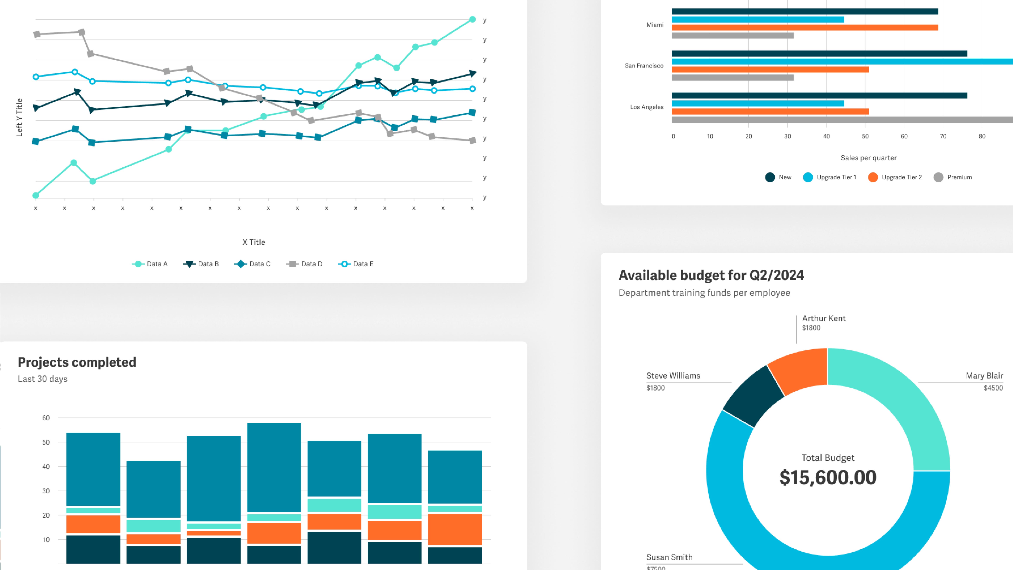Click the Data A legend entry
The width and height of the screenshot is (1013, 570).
(150, 264)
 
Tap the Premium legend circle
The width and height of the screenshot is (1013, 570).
(938, 177)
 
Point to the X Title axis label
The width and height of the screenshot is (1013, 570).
(254, 242)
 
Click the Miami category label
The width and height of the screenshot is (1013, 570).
(655, 25)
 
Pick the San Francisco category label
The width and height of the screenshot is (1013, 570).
(644, 66)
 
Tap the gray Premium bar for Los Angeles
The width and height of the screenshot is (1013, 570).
(842, 120)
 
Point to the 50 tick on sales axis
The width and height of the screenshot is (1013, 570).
(865, 137)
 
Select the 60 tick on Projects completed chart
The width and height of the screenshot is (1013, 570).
(46, 418)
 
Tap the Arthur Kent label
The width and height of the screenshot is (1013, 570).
(823, 318)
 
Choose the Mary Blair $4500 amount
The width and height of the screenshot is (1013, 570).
(993, 388)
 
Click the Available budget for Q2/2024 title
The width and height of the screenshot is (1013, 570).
(711, 275)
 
